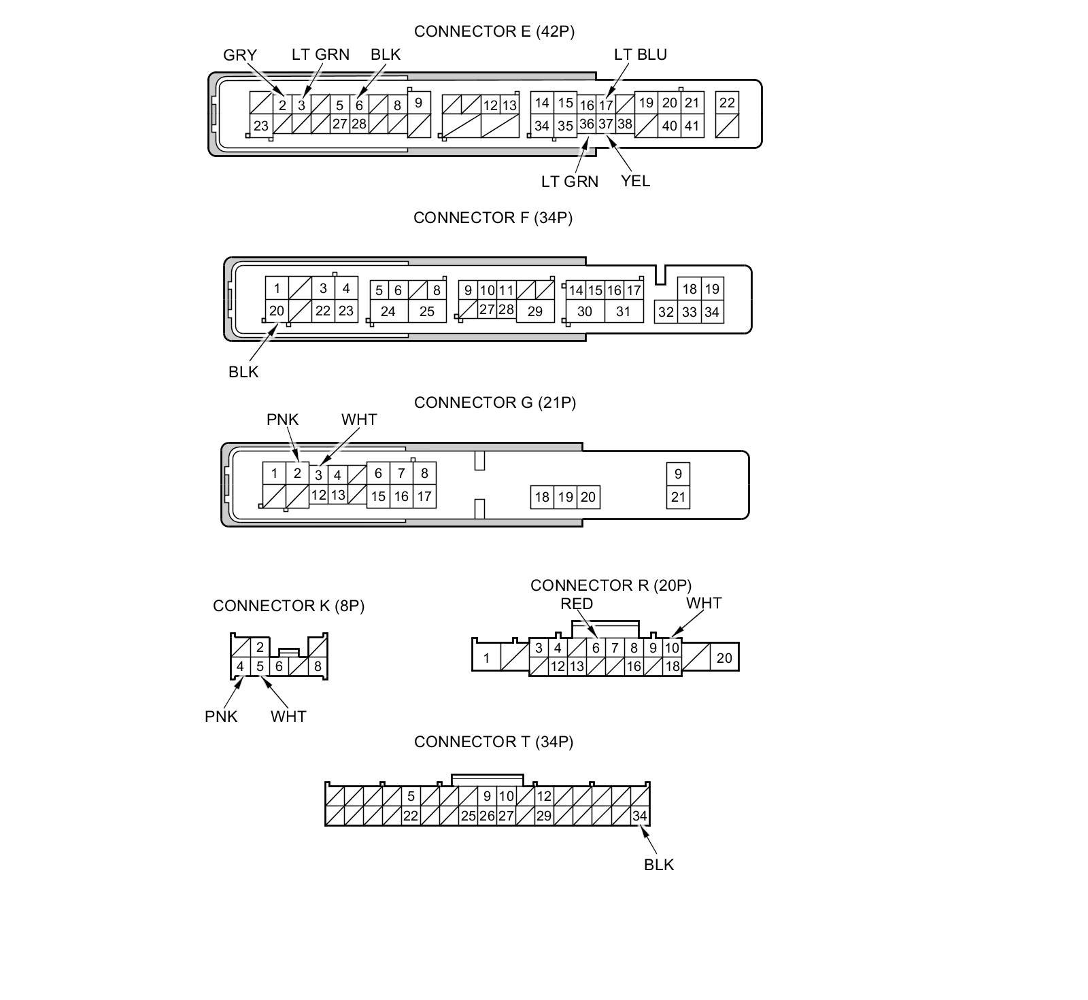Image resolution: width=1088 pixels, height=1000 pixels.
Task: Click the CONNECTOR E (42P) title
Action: [494, 32]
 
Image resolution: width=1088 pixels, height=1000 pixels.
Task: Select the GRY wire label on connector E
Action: [239, 55]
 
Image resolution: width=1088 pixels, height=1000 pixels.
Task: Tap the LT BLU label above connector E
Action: [640, 54]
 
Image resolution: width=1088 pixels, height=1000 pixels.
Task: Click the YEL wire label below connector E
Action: [635, 181]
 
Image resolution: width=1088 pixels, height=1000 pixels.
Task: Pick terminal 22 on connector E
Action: [727, 103]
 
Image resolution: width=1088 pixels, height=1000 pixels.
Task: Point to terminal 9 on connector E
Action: [418, 103]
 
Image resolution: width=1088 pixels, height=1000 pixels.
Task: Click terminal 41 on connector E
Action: [692, 126]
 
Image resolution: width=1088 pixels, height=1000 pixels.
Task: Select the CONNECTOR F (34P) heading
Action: [493, 218]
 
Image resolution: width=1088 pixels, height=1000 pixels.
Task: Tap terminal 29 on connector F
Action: [535, 311]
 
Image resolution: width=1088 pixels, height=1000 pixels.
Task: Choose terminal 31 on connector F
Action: [623, 311]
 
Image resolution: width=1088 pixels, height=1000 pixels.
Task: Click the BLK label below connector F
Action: [243, 372]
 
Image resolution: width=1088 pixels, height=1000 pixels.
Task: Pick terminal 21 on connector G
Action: [678, 497]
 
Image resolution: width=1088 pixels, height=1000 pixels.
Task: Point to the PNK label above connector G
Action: [282, 419]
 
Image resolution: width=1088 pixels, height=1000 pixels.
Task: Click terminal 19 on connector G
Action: [565, 497]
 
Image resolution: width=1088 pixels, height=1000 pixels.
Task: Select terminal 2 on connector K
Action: [260, 647]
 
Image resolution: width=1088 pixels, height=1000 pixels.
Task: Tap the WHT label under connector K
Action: [288, 717]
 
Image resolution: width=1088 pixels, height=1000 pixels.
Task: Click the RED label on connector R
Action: [577, 604]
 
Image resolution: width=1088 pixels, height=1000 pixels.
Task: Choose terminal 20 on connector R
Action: [724, 657]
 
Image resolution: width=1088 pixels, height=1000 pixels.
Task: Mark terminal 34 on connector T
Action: [640, 816]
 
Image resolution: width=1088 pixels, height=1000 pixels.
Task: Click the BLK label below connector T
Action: [658, 865]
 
